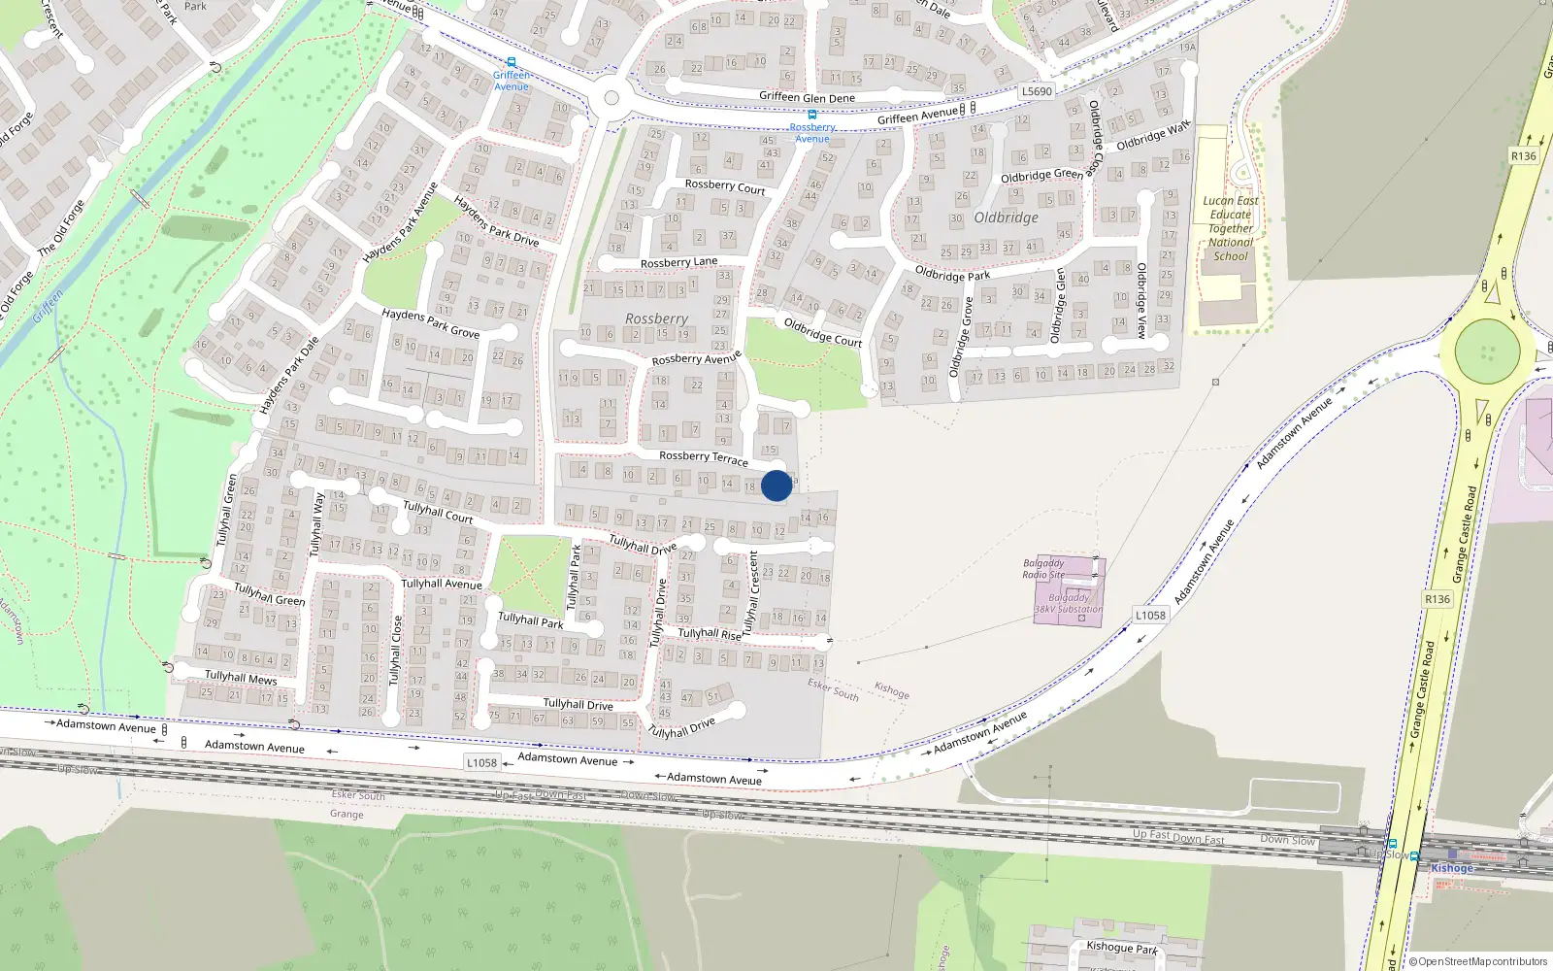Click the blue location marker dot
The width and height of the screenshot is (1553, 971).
[x=776, y=485]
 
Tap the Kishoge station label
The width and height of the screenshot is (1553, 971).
[x=1451, y=868]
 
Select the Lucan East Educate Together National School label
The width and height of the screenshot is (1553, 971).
[x=1230, y=229]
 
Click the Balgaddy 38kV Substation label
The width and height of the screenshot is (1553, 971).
[x=1068, y=604]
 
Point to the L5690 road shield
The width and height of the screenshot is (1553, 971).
[x=1037, y=91]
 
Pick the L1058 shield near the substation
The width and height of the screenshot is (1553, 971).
[x=1150, y=615]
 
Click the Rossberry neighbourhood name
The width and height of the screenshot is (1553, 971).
[x=656, y=318]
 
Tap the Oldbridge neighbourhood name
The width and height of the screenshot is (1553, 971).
[x=1006, y=218]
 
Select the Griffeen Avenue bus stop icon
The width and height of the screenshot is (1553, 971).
[x=512, y=62]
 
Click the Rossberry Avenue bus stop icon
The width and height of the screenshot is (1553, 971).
[x=812, y=115]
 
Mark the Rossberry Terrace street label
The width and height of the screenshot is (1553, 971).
[x=703, y=457]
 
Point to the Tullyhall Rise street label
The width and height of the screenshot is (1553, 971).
[x=709, y=633]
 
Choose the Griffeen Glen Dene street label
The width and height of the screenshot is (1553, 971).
[x=807, y=97]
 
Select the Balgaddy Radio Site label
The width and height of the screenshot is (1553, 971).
[x=1043, y=568]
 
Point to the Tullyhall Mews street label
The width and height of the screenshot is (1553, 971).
[x=241, y=677]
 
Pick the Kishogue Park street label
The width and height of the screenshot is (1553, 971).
[x=1121, y=947]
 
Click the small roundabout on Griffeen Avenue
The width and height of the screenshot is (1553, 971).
[x=611, y=97]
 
